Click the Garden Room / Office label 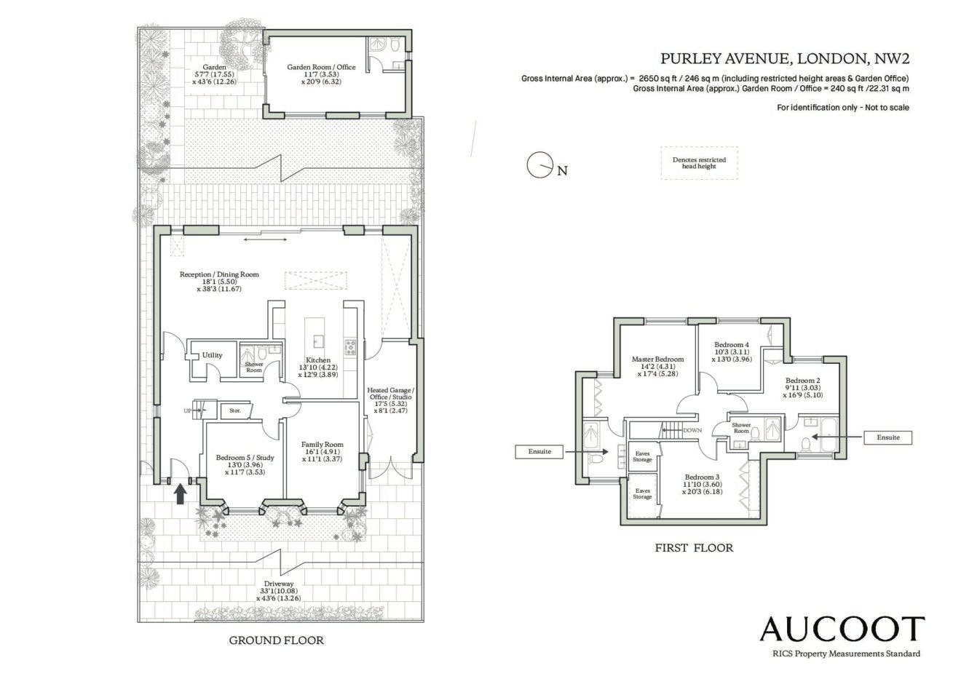click(321, 67)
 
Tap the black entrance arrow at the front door click(181, 493)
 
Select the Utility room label click(212, 355)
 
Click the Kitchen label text click(318, 360)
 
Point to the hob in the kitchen click(350, 347)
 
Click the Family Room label click(322, 445)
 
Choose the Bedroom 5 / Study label click(245, 458)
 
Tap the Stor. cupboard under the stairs click(234, 411)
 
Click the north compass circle click(539, 164)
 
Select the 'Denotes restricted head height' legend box click(699, 163)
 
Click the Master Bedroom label click(657, 360)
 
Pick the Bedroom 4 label click(732, 344)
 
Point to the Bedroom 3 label click(702, 477)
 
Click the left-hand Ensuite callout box click(539, 451)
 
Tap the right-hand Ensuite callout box click(888, 437)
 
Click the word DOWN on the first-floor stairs click(692, 430)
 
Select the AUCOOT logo click(842, 630)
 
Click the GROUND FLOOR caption click(277, 640)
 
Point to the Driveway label click(278, 584)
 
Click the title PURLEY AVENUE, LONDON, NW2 click(785, 58)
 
